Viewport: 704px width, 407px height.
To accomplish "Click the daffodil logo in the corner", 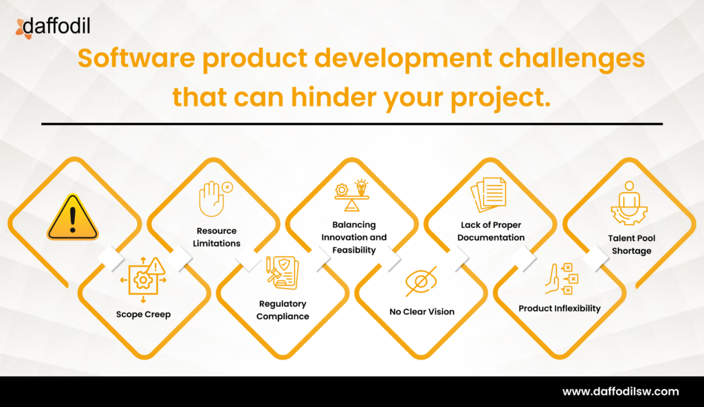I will coord(52,27).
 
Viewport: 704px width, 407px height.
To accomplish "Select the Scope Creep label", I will coord(143,314).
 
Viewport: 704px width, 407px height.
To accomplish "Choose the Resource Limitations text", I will coord(217,237).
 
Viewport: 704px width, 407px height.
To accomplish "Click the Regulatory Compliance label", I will coord(283,310).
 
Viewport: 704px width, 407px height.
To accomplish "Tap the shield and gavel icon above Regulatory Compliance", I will coord(283,273).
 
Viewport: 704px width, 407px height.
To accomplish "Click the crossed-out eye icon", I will coord(421,281).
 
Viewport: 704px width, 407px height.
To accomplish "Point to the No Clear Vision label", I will coord(421,312).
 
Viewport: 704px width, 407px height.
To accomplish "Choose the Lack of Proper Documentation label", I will coord(492,231).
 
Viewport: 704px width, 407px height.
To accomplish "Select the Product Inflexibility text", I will coord(559,308).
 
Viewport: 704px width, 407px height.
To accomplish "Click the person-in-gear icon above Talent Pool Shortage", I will coord(629,204).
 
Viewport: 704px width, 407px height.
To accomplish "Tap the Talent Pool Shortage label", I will coord(631,244).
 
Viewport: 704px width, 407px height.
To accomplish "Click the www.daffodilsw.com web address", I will coord(621,392).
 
